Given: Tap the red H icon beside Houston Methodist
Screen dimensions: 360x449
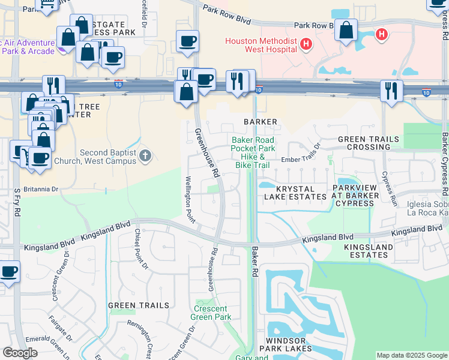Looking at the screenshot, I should click(x=306, y=44).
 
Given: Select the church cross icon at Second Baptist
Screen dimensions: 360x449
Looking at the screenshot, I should click(x=145, y=156).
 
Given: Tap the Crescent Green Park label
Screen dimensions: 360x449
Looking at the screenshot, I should click(x=211, y=313).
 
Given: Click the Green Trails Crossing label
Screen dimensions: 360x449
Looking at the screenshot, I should click(x=368, y=143).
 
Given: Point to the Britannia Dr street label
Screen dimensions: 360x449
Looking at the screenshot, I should click(x=37, y=189).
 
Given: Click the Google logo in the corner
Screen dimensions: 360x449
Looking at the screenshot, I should click(x=20, y=353).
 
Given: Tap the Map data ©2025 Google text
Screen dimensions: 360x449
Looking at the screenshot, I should click(x=411, y=355).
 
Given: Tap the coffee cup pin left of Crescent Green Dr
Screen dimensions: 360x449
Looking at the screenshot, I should click(x=9, y=272).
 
